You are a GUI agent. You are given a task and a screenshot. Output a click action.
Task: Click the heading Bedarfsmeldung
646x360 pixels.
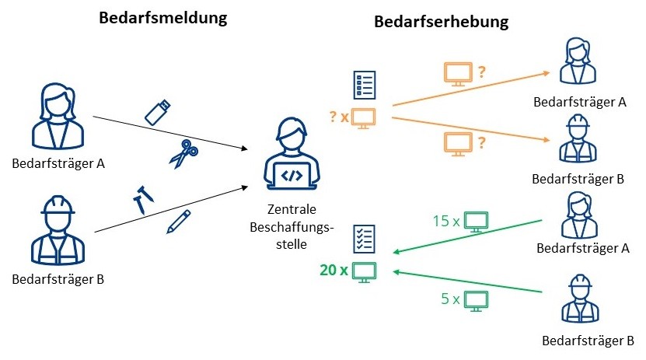tap(163, 18)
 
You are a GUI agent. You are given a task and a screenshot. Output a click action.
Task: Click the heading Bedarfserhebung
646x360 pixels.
tap(442, 22)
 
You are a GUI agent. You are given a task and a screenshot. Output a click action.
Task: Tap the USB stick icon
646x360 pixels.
tap(158, 112)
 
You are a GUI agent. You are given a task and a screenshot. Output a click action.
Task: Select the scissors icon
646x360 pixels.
tap(183, 154)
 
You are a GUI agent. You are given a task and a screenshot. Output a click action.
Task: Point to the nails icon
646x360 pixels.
tap(143, 199)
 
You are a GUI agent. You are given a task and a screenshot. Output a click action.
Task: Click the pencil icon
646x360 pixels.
tap(179, 222)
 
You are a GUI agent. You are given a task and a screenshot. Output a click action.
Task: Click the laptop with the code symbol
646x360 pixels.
tap(292, 176)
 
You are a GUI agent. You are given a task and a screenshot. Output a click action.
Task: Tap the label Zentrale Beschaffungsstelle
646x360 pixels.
tap(292, 226)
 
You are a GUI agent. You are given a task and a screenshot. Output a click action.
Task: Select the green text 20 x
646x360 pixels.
tap(333, 271)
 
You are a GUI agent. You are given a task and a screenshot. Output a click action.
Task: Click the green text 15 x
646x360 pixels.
tap(446, 221)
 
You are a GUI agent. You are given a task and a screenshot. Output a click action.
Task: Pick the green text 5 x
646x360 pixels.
tap(450, 299)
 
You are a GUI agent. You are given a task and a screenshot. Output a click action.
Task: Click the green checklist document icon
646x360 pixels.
tap(364, 239)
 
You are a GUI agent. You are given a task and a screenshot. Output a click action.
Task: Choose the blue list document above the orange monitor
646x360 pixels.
tap(365, 85)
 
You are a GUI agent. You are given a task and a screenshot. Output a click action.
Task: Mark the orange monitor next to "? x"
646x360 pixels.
tap(363, 118)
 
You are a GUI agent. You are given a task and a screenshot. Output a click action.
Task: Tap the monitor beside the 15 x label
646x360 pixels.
tap(477, 222)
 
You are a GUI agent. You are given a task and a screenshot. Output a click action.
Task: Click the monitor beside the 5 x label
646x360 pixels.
tap(477, 300)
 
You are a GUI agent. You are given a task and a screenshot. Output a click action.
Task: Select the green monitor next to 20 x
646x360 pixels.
tap(364, 272)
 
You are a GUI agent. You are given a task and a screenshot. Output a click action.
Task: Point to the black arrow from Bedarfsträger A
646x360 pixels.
tap(170, 133)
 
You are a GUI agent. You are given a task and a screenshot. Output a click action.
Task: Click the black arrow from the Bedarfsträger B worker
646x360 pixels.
tap(171, 209)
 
